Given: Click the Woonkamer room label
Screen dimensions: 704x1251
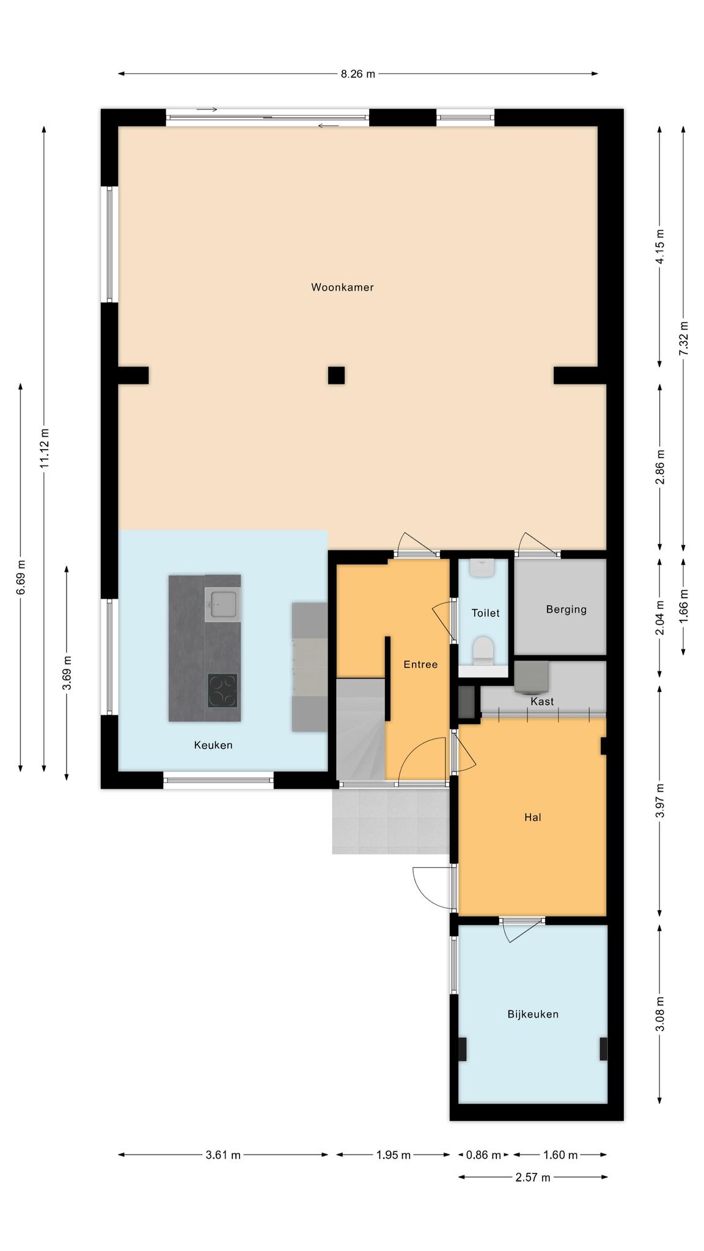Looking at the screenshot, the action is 342,287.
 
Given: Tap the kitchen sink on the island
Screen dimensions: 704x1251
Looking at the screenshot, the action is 224,604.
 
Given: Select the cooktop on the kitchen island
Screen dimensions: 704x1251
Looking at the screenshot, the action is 222,690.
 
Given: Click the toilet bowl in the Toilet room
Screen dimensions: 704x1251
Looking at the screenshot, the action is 484,651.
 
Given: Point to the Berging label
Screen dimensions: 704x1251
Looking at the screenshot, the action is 566,609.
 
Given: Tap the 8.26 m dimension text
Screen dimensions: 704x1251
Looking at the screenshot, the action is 358,74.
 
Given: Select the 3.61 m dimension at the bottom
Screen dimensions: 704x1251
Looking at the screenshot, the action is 223,1155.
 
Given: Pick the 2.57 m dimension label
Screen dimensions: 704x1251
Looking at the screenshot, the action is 533,1177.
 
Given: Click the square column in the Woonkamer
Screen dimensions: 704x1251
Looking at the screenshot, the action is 336,375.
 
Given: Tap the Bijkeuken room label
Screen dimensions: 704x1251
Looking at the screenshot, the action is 533,1014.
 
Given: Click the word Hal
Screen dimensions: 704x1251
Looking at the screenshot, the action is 533,817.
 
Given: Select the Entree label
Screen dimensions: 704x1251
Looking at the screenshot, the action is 420,665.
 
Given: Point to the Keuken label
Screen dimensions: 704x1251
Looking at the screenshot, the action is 213,745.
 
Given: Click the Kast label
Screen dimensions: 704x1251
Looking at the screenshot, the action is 542,701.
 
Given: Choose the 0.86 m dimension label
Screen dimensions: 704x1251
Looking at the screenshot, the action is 483,1155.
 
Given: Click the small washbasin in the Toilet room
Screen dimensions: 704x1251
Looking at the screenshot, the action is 483,567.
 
